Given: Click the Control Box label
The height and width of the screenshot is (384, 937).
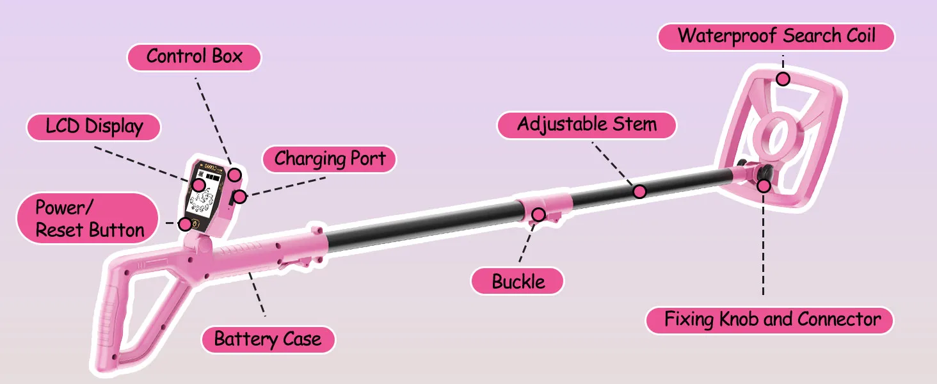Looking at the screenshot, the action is point(194,57).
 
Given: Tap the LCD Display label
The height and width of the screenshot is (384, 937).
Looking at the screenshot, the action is point(93,127).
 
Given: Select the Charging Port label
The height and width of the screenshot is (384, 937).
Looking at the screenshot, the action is point(329,159).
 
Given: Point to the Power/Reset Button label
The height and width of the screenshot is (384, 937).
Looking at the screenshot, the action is point(88,218).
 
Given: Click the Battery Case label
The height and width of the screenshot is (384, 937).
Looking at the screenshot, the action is point(268,339).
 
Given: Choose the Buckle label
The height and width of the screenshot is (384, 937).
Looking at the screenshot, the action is point(517,282).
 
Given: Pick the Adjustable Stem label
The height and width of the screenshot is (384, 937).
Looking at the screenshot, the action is point(586,125).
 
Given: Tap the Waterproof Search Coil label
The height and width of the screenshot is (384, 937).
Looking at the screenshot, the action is point(776,36).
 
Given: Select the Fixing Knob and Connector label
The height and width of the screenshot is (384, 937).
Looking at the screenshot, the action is point(770,320).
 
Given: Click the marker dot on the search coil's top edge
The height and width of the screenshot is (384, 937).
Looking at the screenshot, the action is point(783,79).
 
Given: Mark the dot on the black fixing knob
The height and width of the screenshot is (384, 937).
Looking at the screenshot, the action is point(764,186).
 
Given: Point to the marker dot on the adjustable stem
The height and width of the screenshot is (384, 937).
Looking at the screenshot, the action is point(639,191).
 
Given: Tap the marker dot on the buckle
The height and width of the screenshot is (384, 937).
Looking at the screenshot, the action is point(538,214).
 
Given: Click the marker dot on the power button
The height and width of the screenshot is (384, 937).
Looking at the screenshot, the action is point(185,224).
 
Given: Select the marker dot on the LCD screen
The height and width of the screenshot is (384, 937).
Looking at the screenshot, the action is point(198,186).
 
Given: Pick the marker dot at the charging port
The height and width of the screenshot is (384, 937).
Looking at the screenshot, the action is point(239,196).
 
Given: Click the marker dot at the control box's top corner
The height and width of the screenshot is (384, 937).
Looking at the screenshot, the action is point(235,175).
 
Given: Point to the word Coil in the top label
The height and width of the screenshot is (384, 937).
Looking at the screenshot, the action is point(861,36).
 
